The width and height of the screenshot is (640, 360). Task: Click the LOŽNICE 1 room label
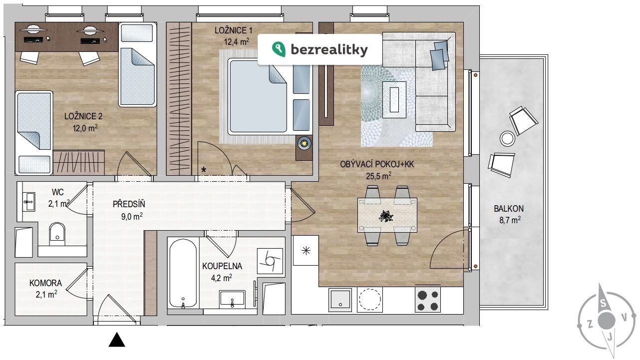pyautogui.click(x=234, y=30)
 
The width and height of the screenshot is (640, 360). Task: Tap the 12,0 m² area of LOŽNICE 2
pyautogui.click(x=85, y=128)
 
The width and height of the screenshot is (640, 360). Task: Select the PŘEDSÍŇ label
pyautogui.click(x=129, y=204)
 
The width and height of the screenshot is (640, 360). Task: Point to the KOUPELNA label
pyautogui.click(x=222, y=266)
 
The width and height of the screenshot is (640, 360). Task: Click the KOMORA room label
pyautogui.click(x=46, y=283)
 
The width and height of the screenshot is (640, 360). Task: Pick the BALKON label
pyautogui.click(x=509, y=209)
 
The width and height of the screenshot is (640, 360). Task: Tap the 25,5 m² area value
pyautogui.click(x=378, y=176)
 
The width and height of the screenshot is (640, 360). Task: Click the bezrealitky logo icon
pyautogui.click(x=279, y=49)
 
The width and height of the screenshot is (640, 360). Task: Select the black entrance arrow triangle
pyautogui.click(x=117, y=340)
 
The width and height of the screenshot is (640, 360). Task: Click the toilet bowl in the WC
pyautogui.click(x=57, y=233)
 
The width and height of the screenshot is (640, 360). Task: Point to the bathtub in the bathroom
pyautogui.click(x=183, y=274)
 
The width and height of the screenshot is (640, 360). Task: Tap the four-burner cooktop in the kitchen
pyautogui.click(x=428, y=300)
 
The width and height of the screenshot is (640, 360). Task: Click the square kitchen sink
pyautogui.click(x=340, y=300)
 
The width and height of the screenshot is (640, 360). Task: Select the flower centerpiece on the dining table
pyautogui.click(x=386, y=216)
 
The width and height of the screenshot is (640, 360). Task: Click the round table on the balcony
pyautogui.click(x=507, y=139)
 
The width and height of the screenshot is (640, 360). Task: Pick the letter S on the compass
pyautogui.click(x=603, y=303)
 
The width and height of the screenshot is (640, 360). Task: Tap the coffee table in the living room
pyautogui.click(x=394, y=100)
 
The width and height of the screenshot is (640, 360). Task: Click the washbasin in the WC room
pyautogui.click(x=29, y=202)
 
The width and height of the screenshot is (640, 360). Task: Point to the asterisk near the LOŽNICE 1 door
pyautogui.click(x=204, y=170)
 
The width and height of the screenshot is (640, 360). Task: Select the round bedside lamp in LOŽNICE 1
pyautogui.click(x=305, y=143)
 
